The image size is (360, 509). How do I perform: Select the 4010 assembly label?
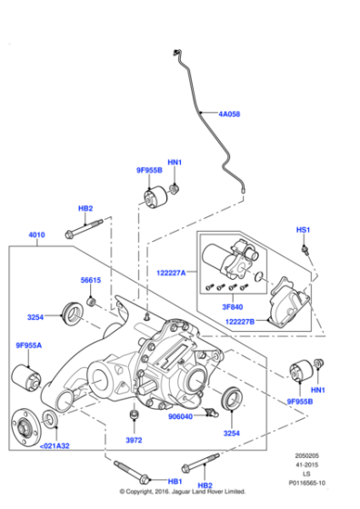pyautogui.click(x=37, y=235)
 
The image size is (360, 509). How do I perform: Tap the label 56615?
pyautogui.click(x=91, y=281)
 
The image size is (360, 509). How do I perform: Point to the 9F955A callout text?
pyautogui.click(x=29, y=345)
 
